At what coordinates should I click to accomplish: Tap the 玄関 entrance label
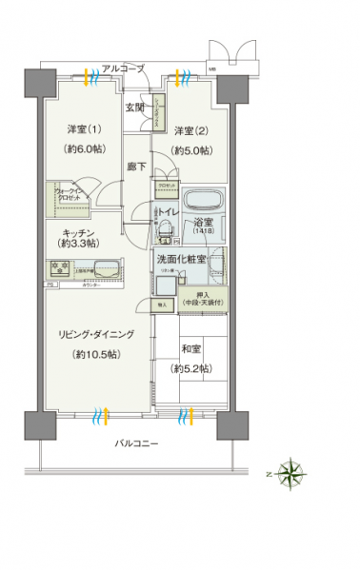pos(134,108)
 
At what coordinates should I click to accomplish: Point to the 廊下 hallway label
pos(136,166)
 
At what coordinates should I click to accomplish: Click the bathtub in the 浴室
pos(203,204)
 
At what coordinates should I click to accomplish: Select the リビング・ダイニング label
pos(94,334)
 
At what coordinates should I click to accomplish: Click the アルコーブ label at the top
pos(124,69)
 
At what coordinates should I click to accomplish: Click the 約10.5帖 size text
pos(94,354)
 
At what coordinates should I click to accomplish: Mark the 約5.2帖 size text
pos(190,367)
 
